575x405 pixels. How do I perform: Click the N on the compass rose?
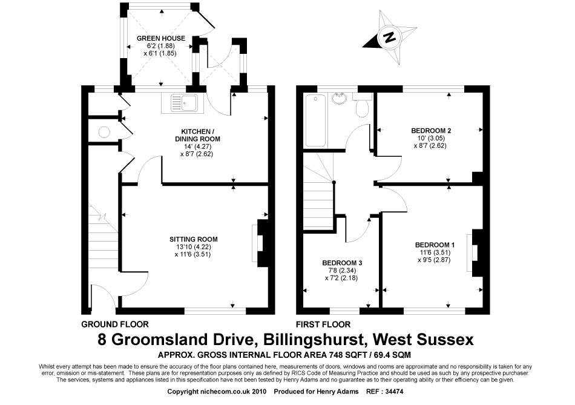(389, 37)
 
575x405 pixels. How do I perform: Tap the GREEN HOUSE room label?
(161, 38)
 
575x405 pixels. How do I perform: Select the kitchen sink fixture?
(184, 102)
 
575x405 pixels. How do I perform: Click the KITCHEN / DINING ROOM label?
(197, 135)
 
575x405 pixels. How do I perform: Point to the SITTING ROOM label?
(193, 239)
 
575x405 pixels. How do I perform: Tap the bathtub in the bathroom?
(315, 120)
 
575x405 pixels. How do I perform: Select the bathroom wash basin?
(341, 98)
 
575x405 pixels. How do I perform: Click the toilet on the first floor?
(363, 105)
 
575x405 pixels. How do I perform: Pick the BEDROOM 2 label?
(431, 130)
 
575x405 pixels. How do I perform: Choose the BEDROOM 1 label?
(435, 245)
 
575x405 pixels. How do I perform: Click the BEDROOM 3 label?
(342, 263)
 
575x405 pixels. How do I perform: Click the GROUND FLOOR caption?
(115, 324)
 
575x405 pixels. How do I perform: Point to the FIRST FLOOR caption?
(323, 324)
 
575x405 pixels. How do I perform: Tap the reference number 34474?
(394, 392)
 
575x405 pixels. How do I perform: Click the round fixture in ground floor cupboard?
(105, 132)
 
